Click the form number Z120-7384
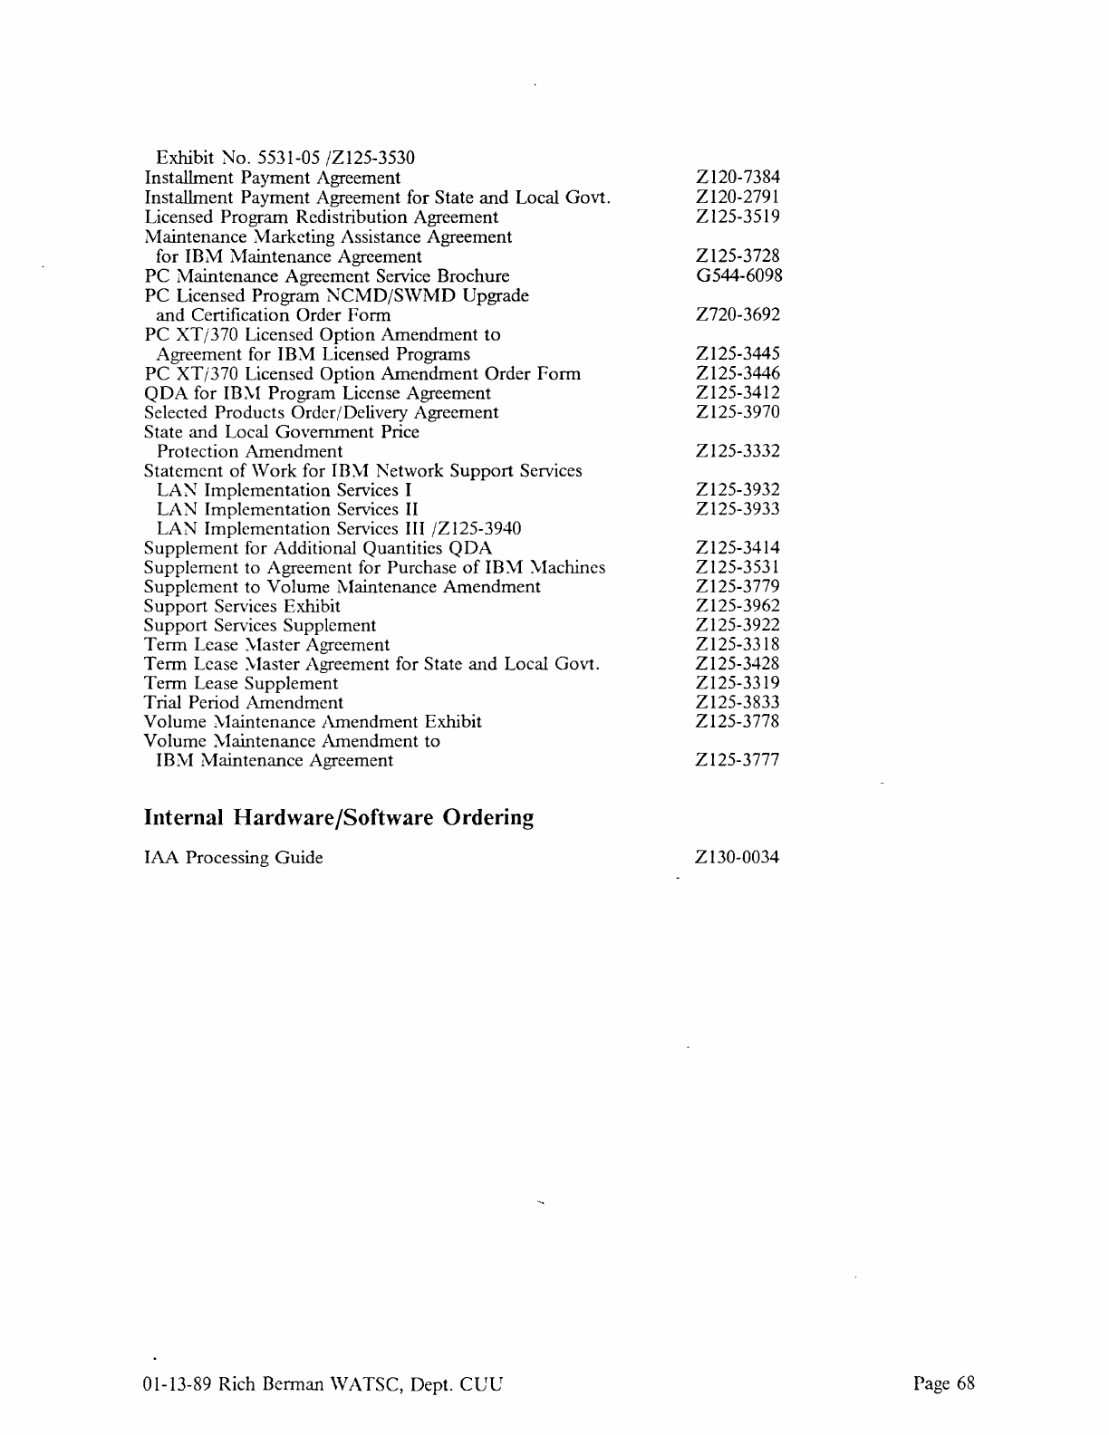tap(738, 178)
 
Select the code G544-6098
tap(738, 275)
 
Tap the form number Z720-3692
tap(738, 314)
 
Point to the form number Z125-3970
tap(738, 412)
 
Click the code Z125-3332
tap(738, 451)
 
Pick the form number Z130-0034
tap(737, 857)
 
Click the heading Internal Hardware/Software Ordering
tap(339, 818)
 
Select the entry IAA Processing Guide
tap(234, 857)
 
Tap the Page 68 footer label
tap(944, 1383)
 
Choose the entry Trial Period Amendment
tap(244, 703)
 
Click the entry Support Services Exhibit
tap(242, 606)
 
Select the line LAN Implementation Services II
tap(287, 509)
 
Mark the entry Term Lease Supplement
tap(241, 683)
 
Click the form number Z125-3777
tap(738, 760)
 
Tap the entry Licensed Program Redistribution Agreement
tap(322, 217)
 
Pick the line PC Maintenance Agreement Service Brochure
tap(327, 275)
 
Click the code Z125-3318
tap(738, 645)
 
